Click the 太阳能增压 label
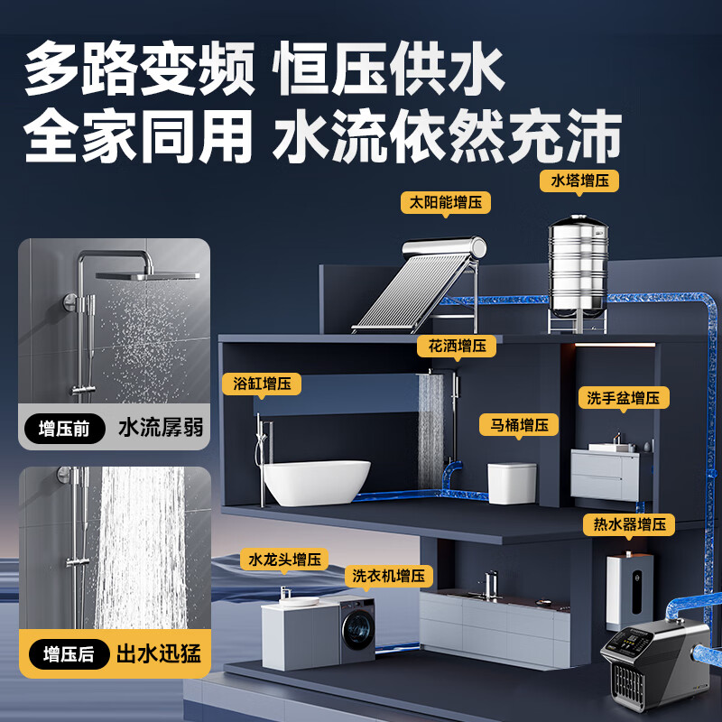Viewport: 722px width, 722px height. [446, 202]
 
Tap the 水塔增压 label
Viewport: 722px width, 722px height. [579, 180]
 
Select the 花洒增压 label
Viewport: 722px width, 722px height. [455, 346]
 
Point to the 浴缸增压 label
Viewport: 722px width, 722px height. [262, 384]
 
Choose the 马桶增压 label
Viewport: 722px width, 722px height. [518, 424]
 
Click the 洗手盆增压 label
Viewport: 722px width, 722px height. [623, 397]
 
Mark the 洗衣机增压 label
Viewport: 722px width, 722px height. [389, 576]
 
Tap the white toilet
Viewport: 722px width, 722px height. [512, 484]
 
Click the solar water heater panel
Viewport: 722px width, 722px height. [415, 289]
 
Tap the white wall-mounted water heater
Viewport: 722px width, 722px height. [628, 587]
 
